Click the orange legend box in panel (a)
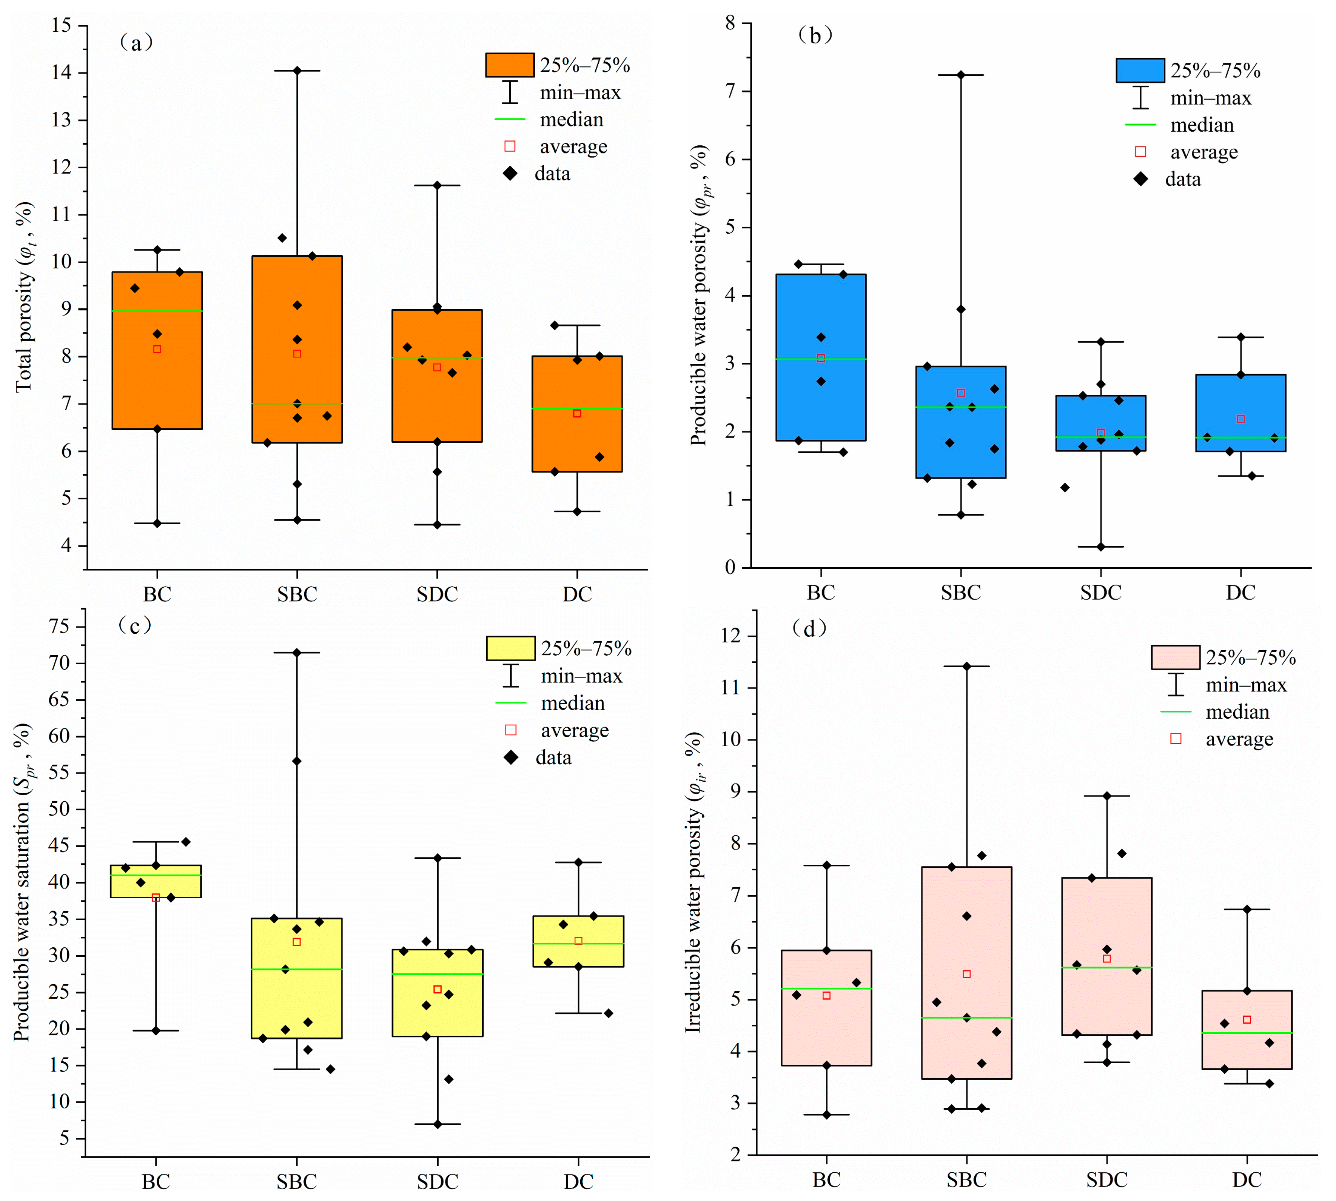[510, 65]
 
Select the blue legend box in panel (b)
[1140, 70]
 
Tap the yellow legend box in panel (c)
[510, 648]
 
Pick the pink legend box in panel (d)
[1175, 657]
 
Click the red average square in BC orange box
[157, 349]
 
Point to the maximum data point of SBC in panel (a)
[297, 71]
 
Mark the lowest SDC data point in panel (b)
[1100, 547]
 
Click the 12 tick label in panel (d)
[731, 636]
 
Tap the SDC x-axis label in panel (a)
[437, 594]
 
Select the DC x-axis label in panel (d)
[1246, 1179]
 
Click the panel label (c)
[135, 625]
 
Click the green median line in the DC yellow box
[578, 944]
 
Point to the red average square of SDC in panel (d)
[1107, 958]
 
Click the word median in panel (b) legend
[1201, 125]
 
